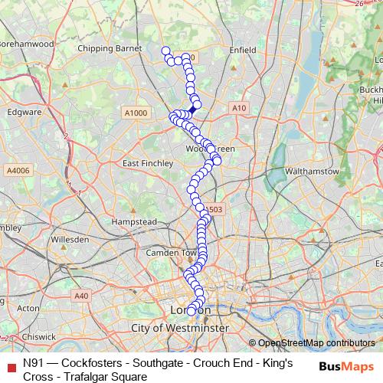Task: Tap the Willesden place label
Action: [x=70, y=239]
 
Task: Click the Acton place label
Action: [x=28, y=308]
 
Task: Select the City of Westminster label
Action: [x=180, y=327]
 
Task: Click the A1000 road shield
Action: [x=135, y=113]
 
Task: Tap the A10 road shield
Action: [x=240, y=109]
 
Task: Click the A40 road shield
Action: [x=82, y=296]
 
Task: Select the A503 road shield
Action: [x=216, y=209]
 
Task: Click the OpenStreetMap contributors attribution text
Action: [x=316, y=343]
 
